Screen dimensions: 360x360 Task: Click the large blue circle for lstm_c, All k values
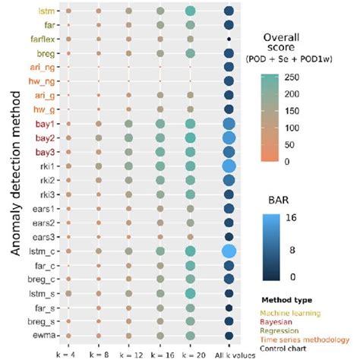pyautogui.click(x=229, y=250)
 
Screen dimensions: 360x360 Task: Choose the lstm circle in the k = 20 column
pyautogui.click(x=190, y=11)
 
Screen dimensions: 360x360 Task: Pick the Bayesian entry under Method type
pyautogui.click(x=279, y=321)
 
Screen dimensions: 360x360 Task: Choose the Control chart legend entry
pyautogui.click(x=286, y=350)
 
